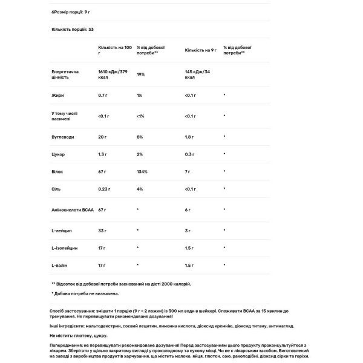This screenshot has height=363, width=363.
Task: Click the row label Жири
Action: pos(58,95)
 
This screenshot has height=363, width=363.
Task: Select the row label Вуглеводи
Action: pos(63,137)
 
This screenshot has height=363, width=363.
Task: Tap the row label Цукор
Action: pos(59,154)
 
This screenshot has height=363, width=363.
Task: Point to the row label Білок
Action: pos(58,172)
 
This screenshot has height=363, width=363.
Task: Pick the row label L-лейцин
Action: pos(62,231)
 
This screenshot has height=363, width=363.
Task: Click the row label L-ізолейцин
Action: pos(64,248)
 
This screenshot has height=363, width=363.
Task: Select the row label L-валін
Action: pos(60,266)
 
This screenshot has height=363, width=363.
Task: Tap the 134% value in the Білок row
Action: pos(143,172)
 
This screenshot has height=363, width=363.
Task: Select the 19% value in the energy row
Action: pos(140,74)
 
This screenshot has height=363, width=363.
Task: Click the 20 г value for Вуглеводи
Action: pos(102,137)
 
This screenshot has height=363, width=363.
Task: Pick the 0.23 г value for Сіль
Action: pos(105,189)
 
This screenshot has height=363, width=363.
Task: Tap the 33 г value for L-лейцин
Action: pos(102,231)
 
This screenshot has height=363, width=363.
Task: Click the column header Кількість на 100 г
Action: pos(114,50)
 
